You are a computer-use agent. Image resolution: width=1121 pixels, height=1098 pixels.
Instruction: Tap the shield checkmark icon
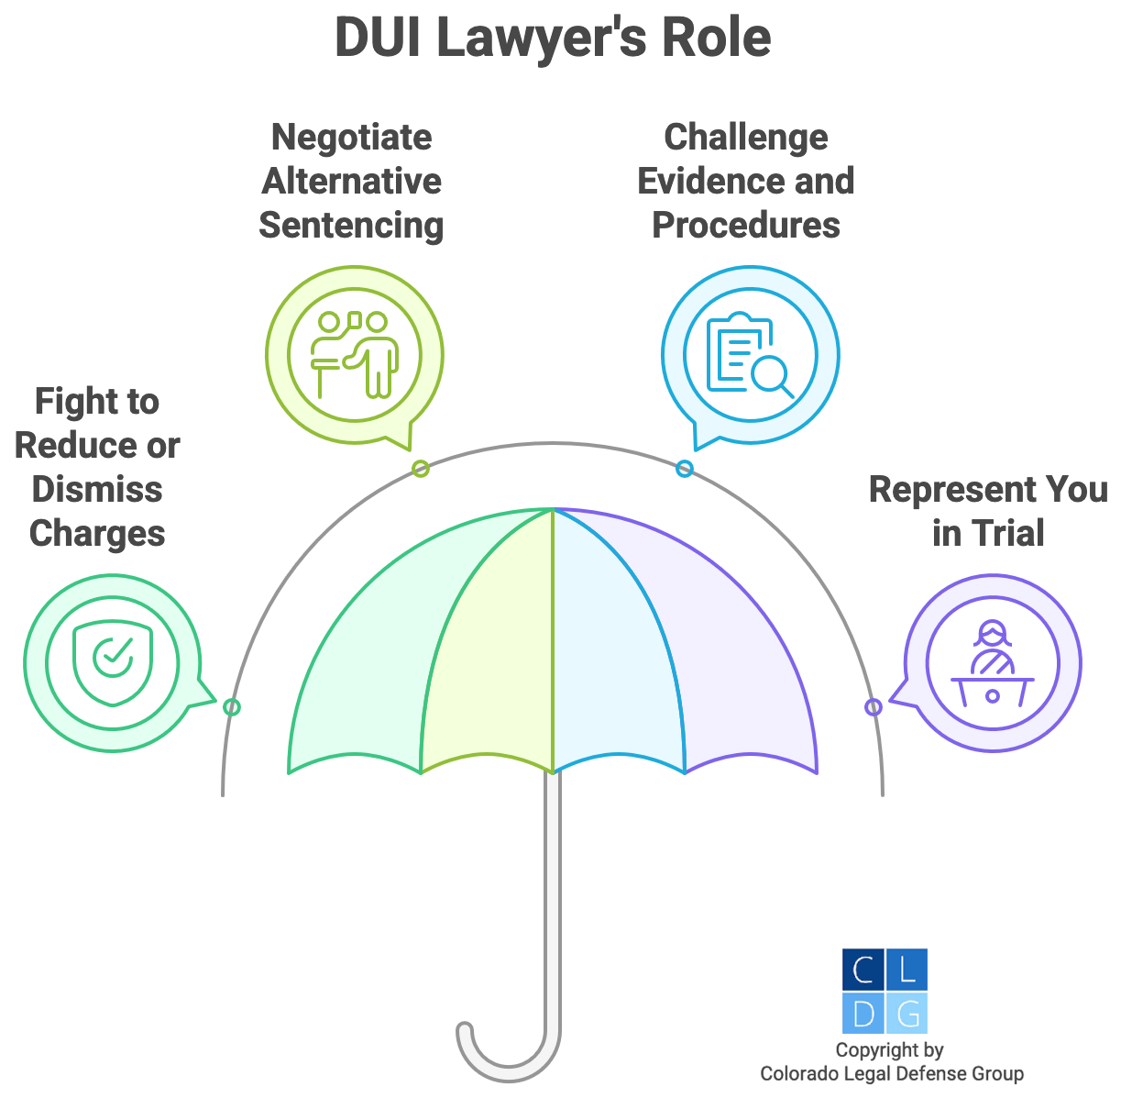[x=113, y=663]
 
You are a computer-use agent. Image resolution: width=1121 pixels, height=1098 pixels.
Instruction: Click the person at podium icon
[x=993, y=663]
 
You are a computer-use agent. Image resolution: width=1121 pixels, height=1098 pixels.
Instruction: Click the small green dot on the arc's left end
[x=232, y=707]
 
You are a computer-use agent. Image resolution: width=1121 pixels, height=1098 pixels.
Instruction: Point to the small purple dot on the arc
[x=874, y=707]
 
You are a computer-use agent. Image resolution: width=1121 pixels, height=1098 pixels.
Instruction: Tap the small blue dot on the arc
[x=684, y=469]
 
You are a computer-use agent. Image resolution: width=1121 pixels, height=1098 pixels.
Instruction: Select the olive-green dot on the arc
[x=421, y=469]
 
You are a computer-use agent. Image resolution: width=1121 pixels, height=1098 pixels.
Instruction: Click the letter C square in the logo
[x=863, y=970]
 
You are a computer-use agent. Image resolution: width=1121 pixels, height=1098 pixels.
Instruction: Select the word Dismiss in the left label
[x=97, y=489]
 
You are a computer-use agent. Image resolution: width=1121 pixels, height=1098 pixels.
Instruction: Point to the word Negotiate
[x=352, y=138]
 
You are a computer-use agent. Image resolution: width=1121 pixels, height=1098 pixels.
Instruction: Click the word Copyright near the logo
[x=876, y=1050]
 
